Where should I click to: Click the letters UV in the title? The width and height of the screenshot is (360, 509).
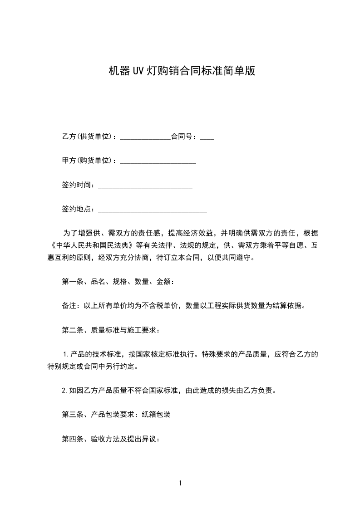pyautogui.click(x=138, y=71)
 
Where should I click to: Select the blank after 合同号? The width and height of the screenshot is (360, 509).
pyautogui.click(x=207, y=137)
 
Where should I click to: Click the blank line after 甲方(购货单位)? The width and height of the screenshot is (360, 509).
pyautogui.click(x=158, y=161)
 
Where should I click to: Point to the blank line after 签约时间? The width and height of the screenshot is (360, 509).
pyautogui.click(x=145, y=186)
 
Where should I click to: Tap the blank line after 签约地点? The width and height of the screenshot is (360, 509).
pyautogui.click(x=153, y=210)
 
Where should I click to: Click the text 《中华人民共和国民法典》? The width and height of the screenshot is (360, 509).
pyautogui.click(x=92, y=245)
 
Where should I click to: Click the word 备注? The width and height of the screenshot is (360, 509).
pyautogui.click(x=69, y=306)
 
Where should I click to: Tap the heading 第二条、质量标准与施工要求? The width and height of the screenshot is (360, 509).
pyautogui.click(x=111, y=330)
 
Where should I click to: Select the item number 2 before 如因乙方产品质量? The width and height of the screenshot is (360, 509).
pyautogui.click(x=64, y=390)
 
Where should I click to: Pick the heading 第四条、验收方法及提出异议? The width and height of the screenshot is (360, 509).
pyautogui.click(x=111, y=439)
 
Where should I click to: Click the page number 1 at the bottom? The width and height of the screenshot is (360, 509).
pyautogui.click(x=180, y=483)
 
